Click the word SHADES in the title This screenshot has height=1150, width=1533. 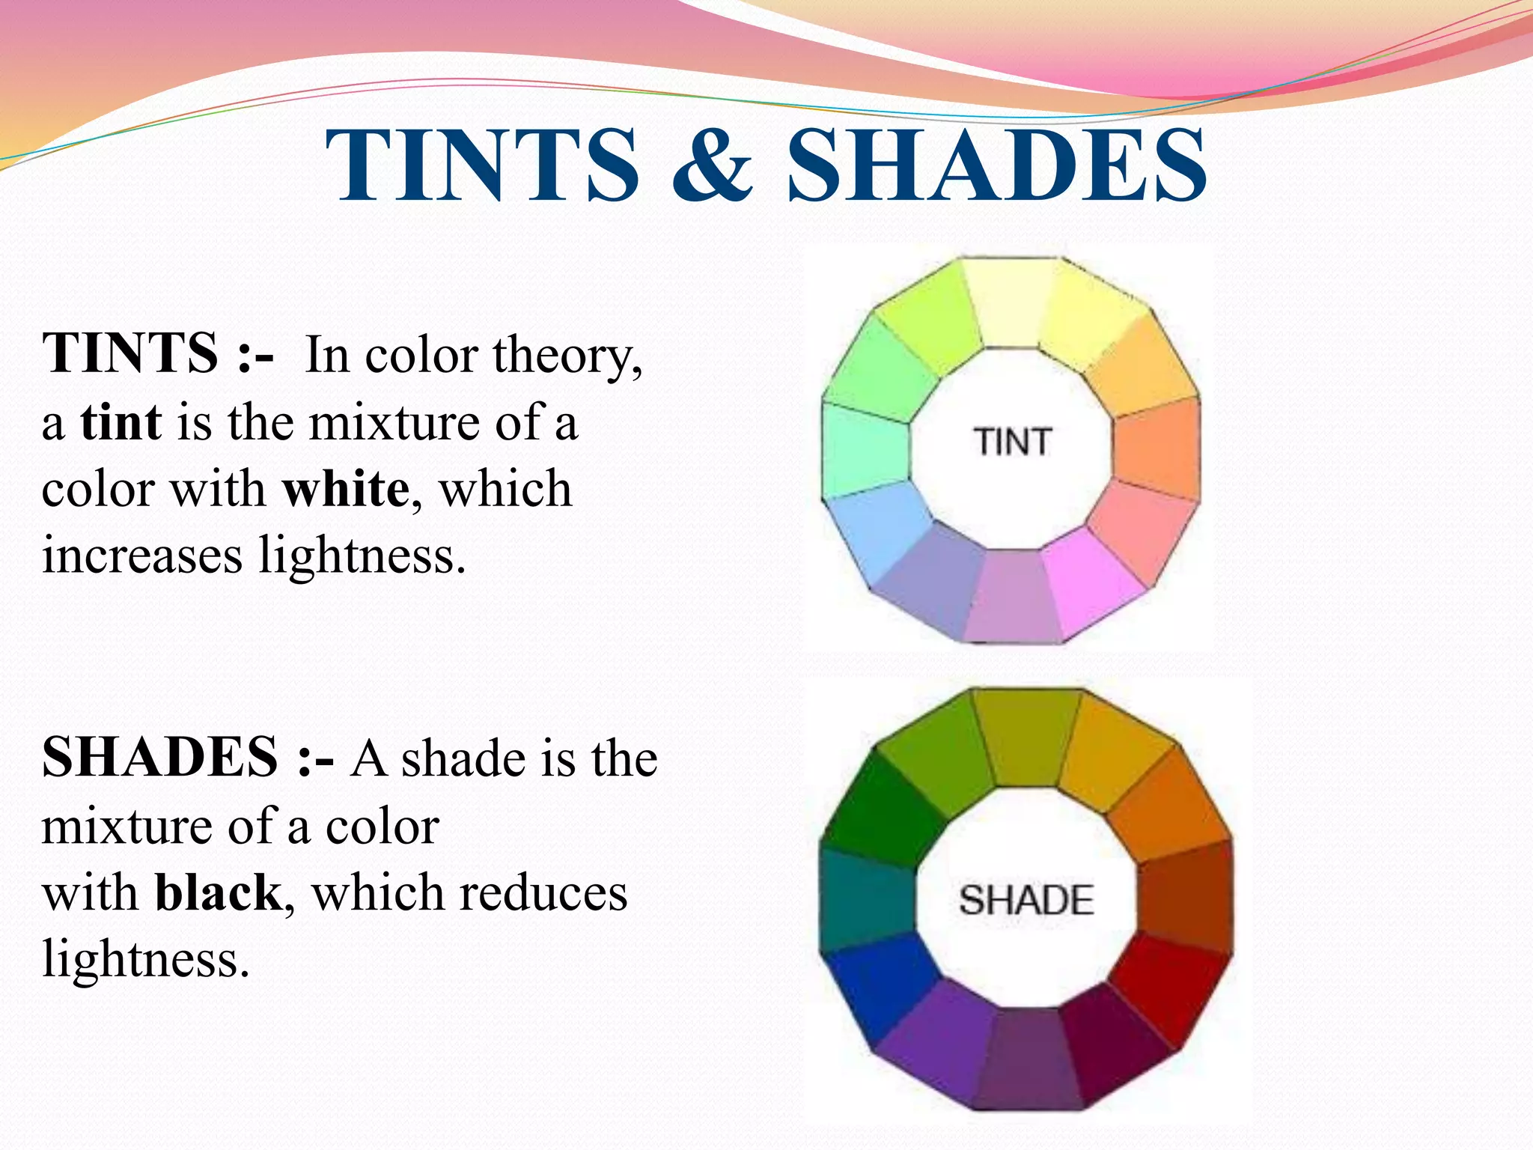(x=996, y=165)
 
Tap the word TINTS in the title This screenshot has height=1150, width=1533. (x=482, y=165)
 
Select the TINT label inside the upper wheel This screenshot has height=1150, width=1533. (x=1012, y=442)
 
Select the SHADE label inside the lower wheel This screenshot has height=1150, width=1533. (x=1025, y=899)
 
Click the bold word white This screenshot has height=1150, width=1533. (x=346, y=490)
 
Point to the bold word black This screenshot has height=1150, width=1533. (x=218, y=893)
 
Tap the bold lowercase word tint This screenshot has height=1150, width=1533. (x=121, y=422)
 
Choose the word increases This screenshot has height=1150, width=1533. (x=142, y=556)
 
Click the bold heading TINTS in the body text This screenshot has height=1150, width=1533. (x=129, y=353)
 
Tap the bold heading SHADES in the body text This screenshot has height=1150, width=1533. (x=160, y=758)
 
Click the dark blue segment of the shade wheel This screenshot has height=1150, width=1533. (x=876, y=988)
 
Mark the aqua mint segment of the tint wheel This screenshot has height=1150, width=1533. (x=865, y=449)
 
